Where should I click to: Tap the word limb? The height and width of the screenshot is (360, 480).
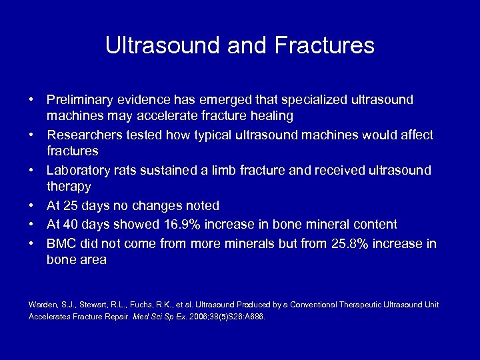click(x=215, y=171)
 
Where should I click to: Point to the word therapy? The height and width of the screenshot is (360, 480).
click(x=69, y=187)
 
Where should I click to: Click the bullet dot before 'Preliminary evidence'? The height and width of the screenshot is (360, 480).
click(x=32, y=99)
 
